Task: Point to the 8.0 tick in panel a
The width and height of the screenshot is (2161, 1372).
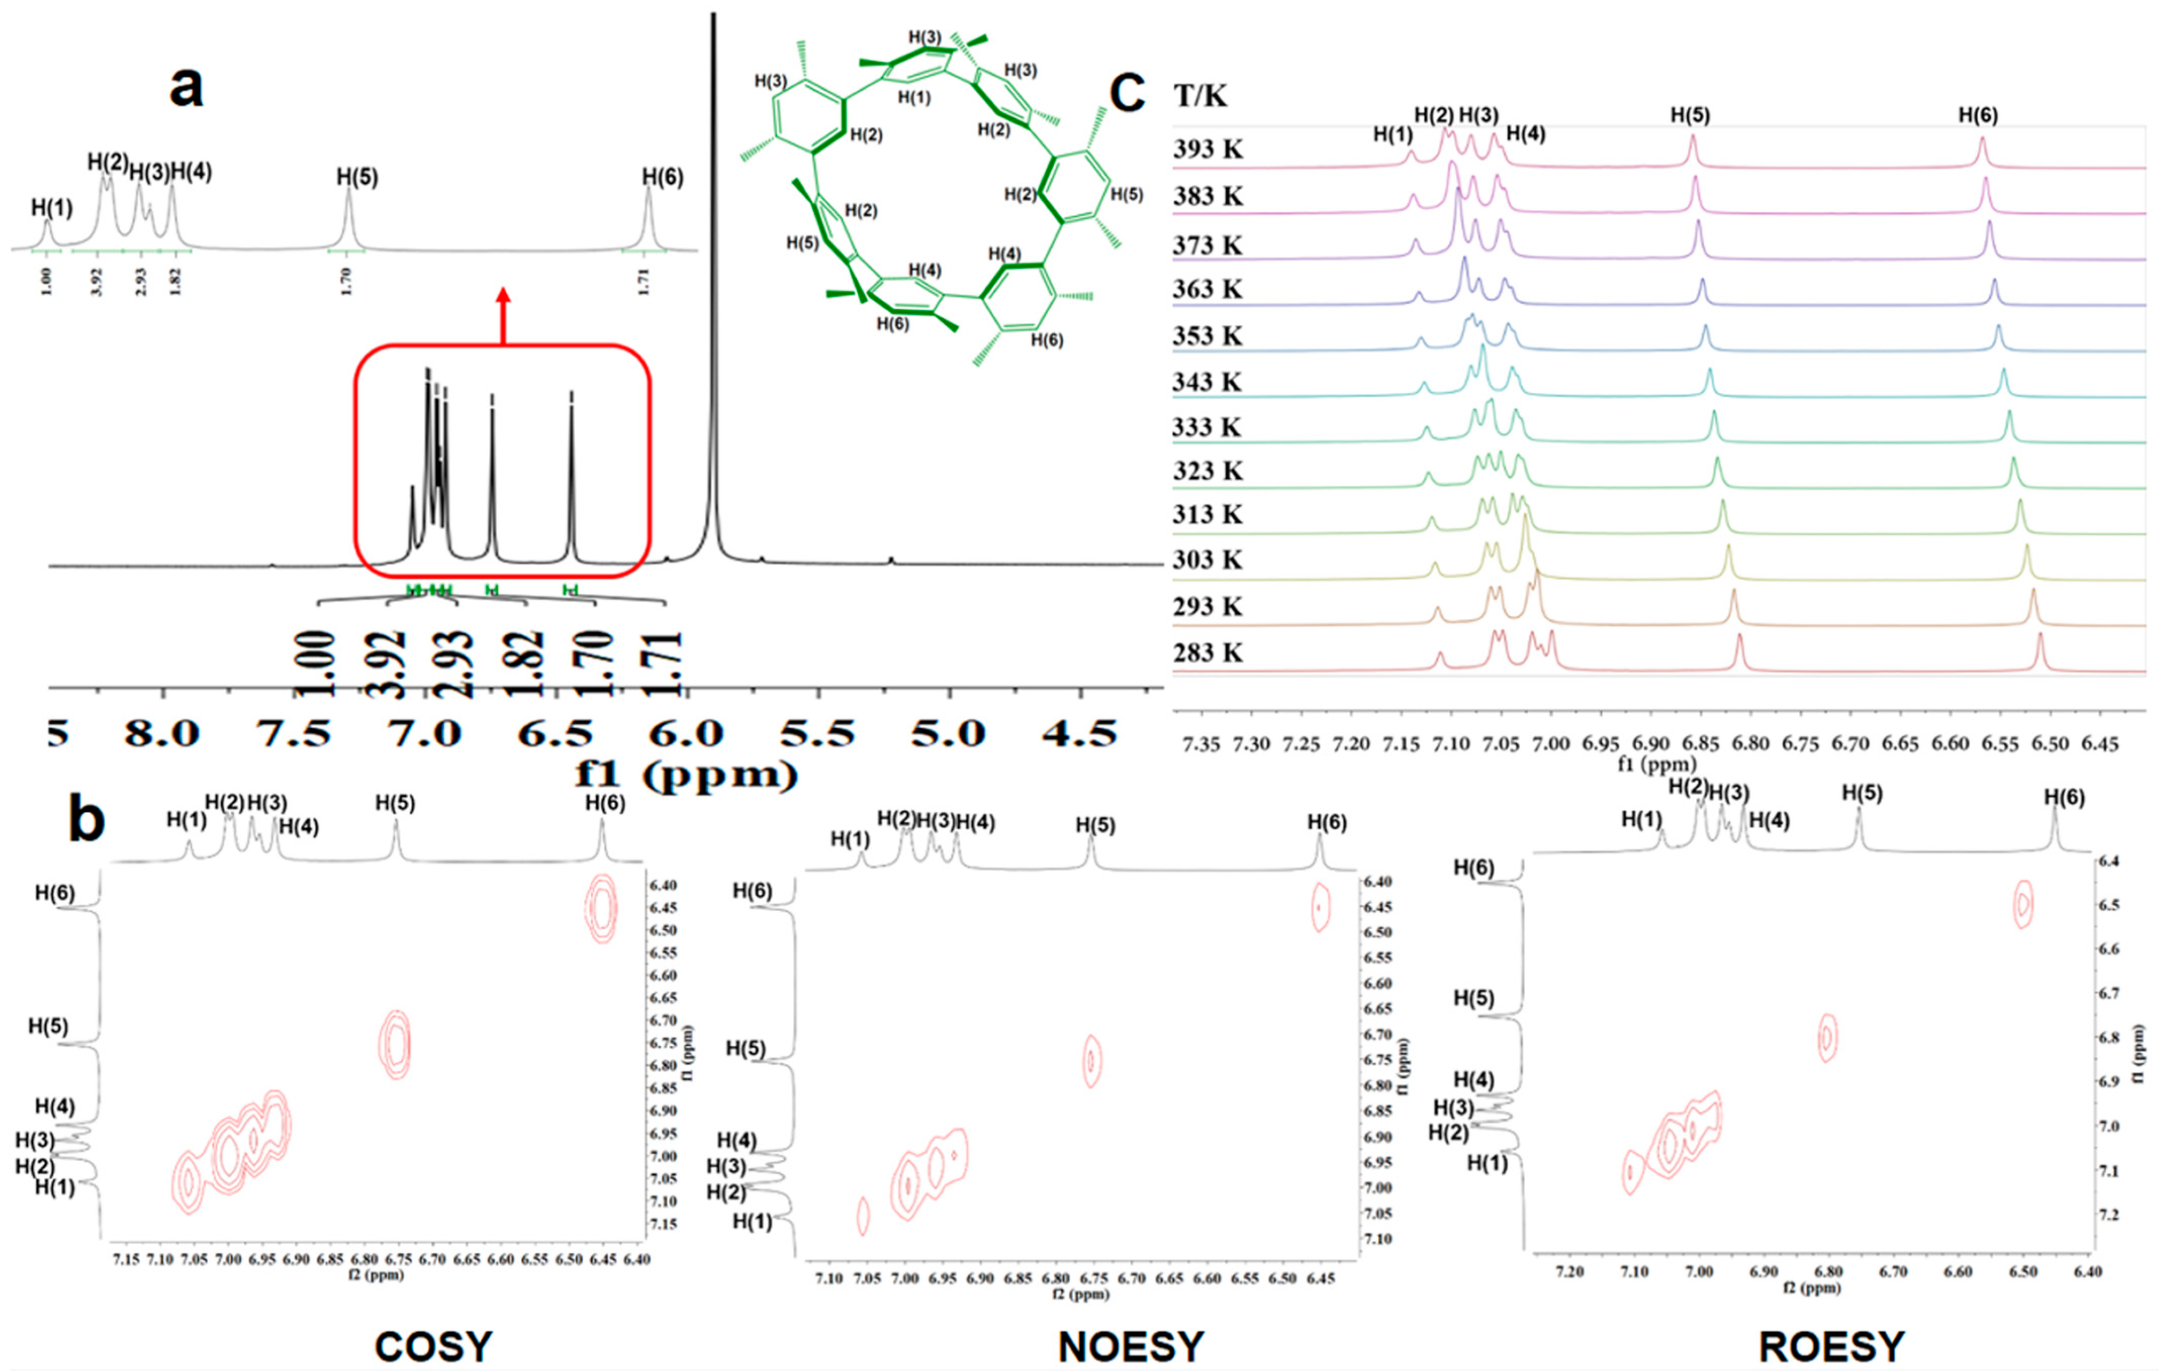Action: (162, 734)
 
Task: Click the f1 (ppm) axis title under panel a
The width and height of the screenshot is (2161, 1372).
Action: (686, 774)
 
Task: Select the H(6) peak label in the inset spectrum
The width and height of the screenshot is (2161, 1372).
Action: (662, 178)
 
